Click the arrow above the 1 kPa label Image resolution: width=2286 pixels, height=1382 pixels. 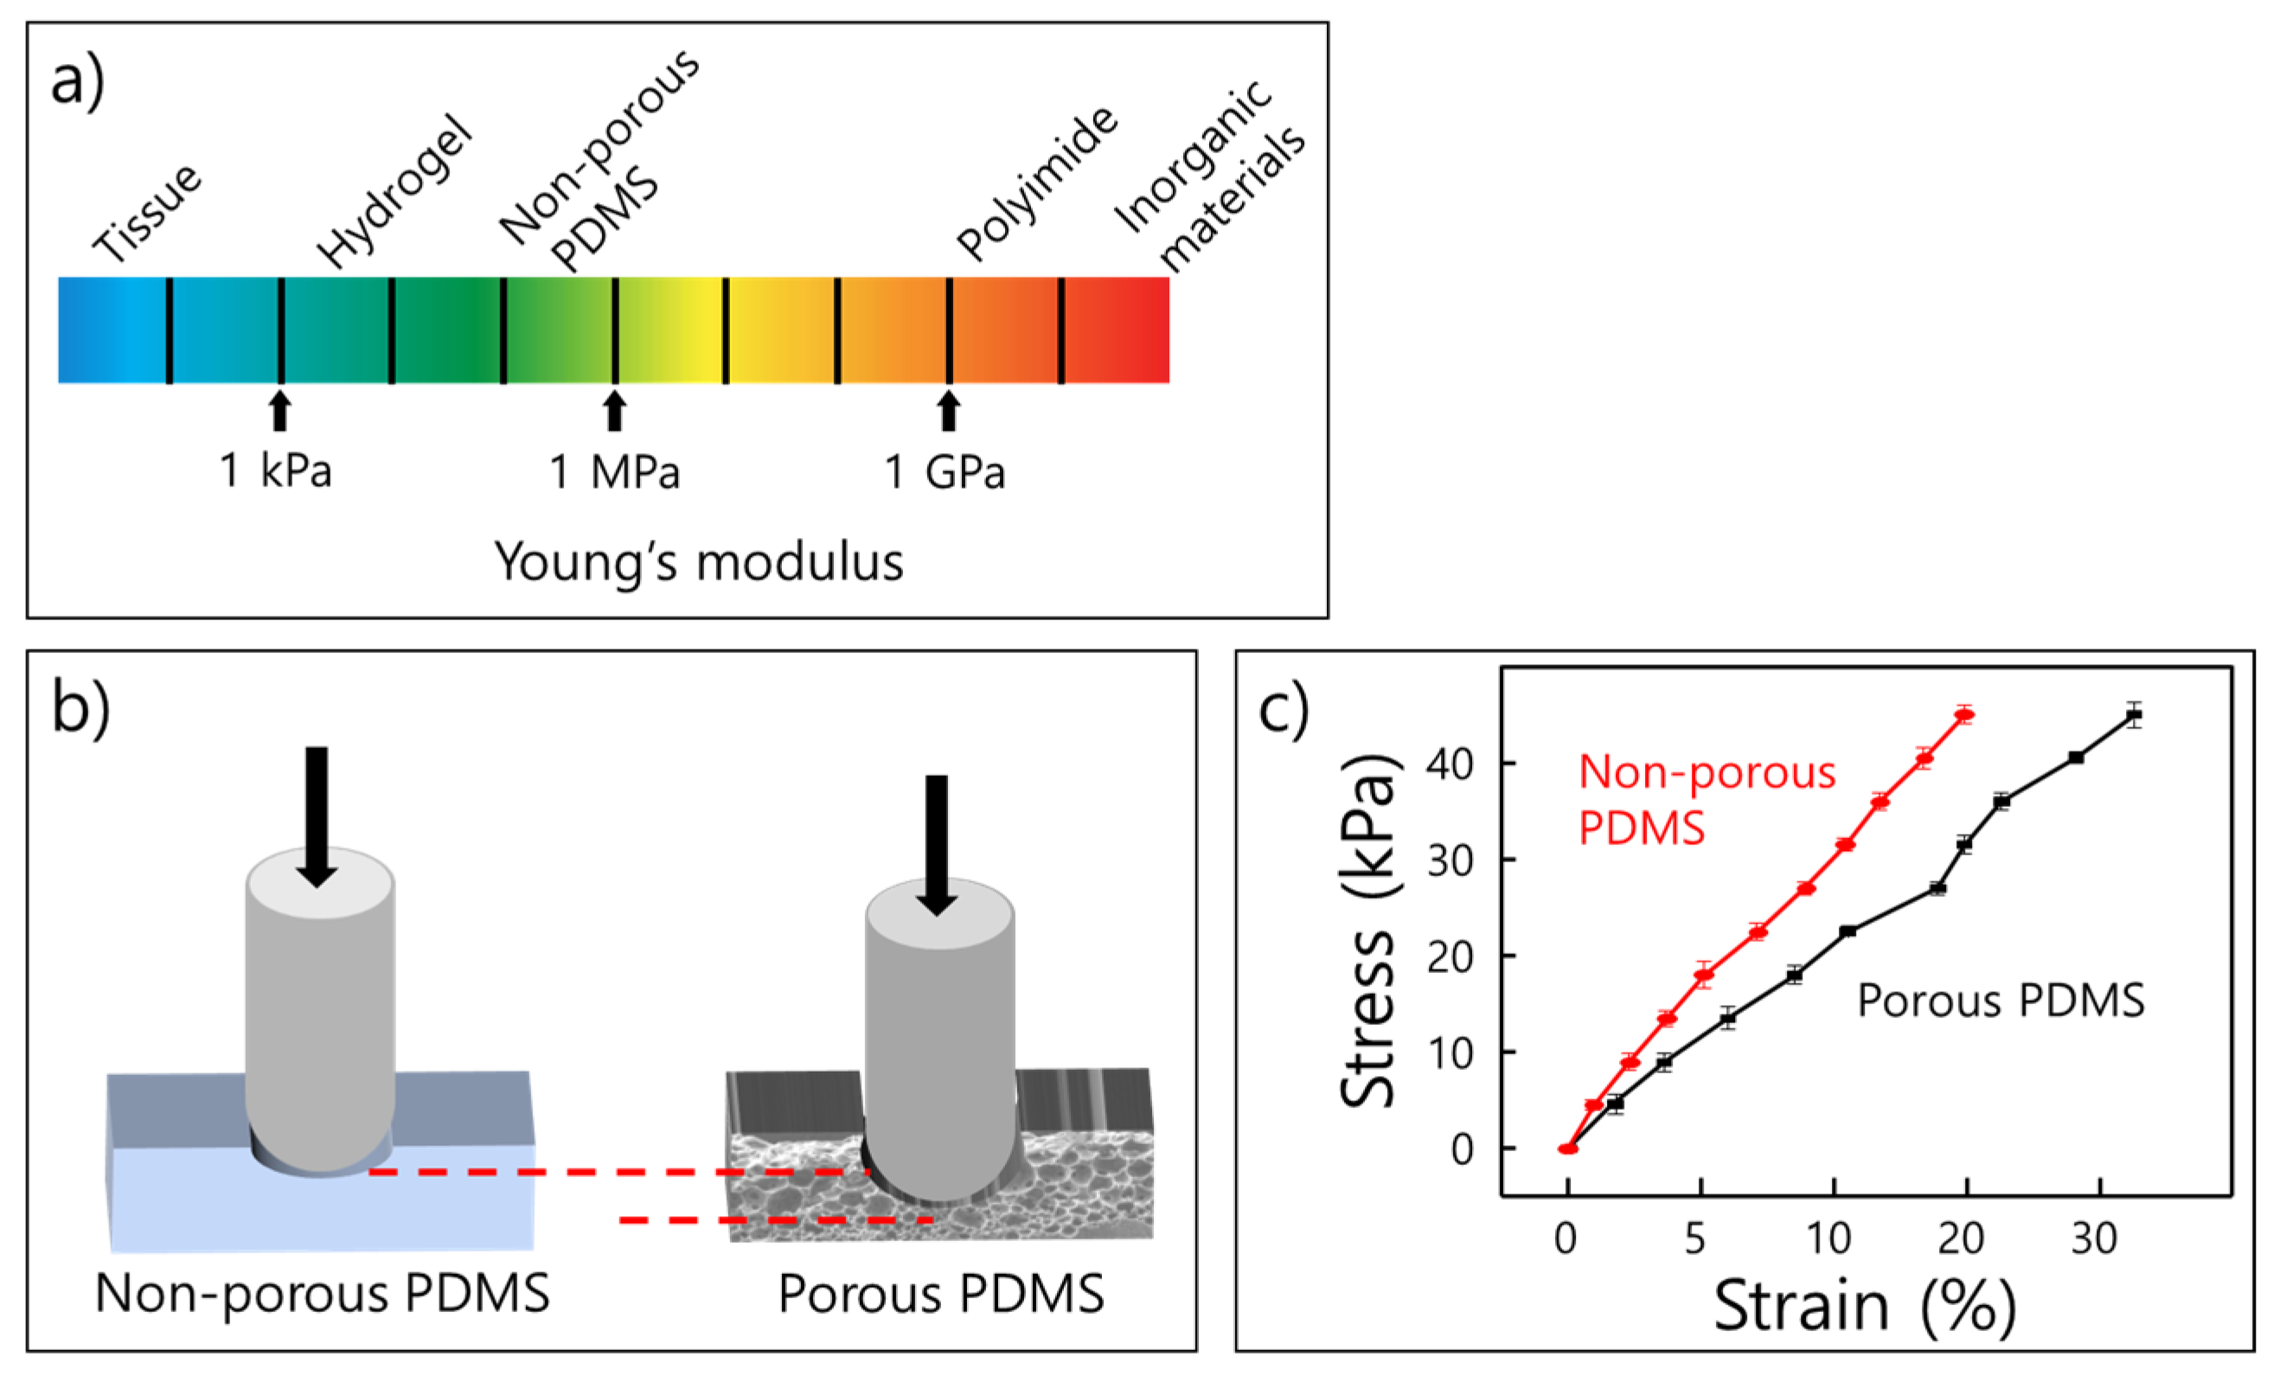(x=279, y=411)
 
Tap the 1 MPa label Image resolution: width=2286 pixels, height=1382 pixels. (x=614, y=472)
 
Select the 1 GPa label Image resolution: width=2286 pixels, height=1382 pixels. (x=944, y=472)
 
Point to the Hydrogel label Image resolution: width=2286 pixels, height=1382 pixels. (x=395, y=192)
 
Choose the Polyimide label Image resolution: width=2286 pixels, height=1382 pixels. (x=1038, y=182)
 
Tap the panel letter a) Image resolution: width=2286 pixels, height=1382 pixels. (x=77, y=81)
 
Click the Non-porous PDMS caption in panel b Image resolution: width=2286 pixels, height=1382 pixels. (x=323, y=1293)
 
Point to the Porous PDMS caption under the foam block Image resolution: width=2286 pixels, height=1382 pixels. (x=941, y=1293)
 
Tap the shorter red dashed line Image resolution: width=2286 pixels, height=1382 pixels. (x=776, y=1220)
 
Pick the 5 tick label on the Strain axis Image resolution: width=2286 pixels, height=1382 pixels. (x=1695, y=1239)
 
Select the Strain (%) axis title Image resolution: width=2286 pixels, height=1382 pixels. (x=1865, y=1308)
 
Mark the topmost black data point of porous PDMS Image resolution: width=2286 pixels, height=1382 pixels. (x=2135, y=714)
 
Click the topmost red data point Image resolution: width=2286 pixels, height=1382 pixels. (x=1964, y=714)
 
